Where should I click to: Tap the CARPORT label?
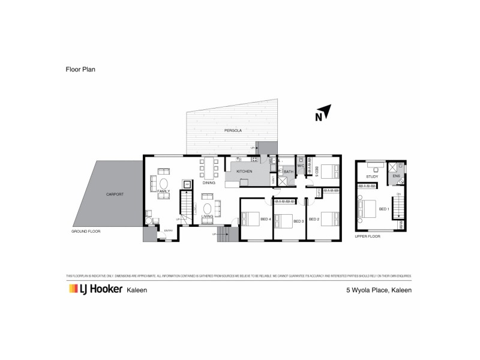[x=114, y=194]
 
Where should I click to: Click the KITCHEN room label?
[x=244, y=172]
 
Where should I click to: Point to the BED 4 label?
[x=266, y=219]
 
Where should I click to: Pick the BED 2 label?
[x=313, y=219]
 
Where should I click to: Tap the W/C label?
[x=301, y=166]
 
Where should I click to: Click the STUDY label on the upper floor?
[x=371, y=177]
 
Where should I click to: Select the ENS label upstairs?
[x=396, y=176]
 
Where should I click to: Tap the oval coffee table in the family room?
[x=163, y=184]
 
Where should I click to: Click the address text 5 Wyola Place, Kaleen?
[x=379, y=289]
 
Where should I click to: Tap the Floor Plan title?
[x=80, y=70]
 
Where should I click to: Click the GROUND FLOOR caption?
[x=88, y=231]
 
